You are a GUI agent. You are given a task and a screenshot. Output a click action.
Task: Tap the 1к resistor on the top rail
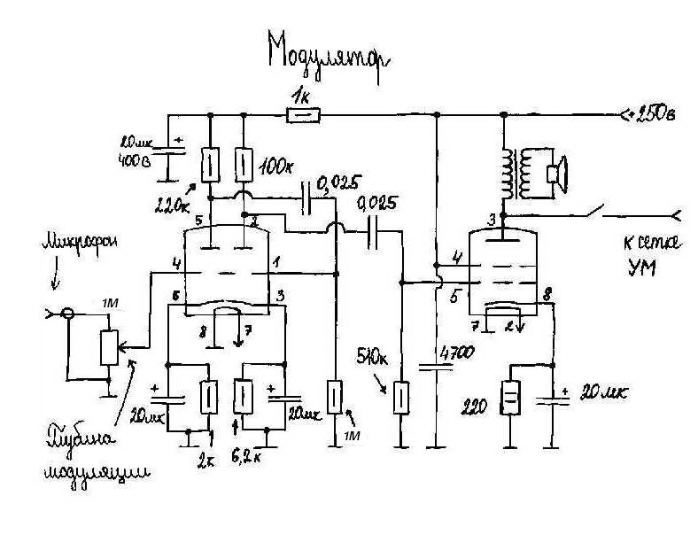click(304, 114)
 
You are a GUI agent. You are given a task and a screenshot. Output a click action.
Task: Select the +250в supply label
click(650, 114)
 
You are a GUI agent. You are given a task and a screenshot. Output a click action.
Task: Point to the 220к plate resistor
click(210, 163)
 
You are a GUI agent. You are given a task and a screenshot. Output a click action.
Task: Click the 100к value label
click(279, 167)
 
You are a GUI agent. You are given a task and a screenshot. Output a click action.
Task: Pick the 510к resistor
click(401, 398)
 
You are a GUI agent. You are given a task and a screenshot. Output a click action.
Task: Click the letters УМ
click(640, 270)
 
